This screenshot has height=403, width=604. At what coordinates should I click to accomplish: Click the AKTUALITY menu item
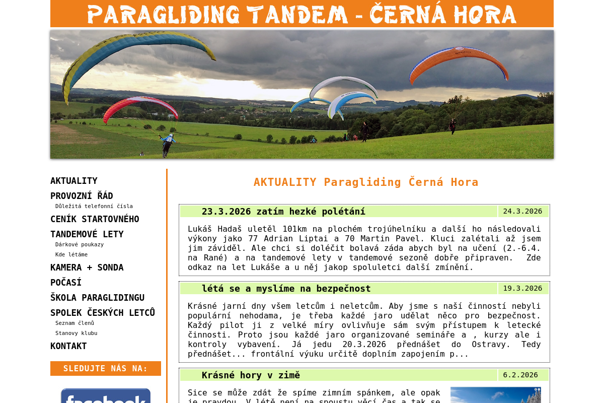(x=73, y=181)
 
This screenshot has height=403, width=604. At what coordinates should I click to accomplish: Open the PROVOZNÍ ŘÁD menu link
(x=82, y=195)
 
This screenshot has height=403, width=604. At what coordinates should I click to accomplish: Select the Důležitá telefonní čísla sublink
(x=94, y=206)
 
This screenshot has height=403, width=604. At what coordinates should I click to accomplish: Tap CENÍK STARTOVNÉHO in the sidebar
(x=95, y=219)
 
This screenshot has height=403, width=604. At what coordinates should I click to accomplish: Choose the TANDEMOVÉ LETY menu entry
(x=87, y=234)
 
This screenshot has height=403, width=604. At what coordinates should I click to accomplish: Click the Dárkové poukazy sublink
(x=80, y=244)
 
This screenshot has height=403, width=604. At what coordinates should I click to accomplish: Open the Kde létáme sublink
(x=71, y=254)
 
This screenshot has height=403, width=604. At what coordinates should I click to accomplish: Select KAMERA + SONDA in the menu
(x=87, y=267)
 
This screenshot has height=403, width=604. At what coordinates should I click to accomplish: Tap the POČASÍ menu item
(x=66, y=282)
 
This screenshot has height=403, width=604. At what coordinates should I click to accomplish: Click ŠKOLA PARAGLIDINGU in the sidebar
(x=97, y=298)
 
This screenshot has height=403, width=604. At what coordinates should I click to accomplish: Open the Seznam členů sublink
(x=74, y=323)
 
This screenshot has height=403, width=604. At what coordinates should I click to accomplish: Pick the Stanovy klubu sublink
(x=76, y=333)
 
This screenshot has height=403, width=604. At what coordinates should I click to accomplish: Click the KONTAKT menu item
(x=68, y=346)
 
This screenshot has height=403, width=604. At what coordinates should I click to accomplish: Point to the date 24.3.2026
(x=522, y=212)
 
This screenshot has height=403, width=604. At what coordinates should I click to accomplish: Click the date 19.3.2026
(x=522, y=288)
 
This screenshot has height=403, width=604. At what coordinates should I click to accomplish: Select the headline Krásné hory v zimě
(x=251, y=375)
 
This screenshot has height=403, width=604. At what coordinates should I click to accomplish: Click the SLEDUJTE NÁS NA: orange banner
(x=105, y=368)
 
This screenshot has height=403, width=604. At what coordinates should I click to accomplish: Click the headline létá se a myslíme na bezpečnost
(x=286, y=289)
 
